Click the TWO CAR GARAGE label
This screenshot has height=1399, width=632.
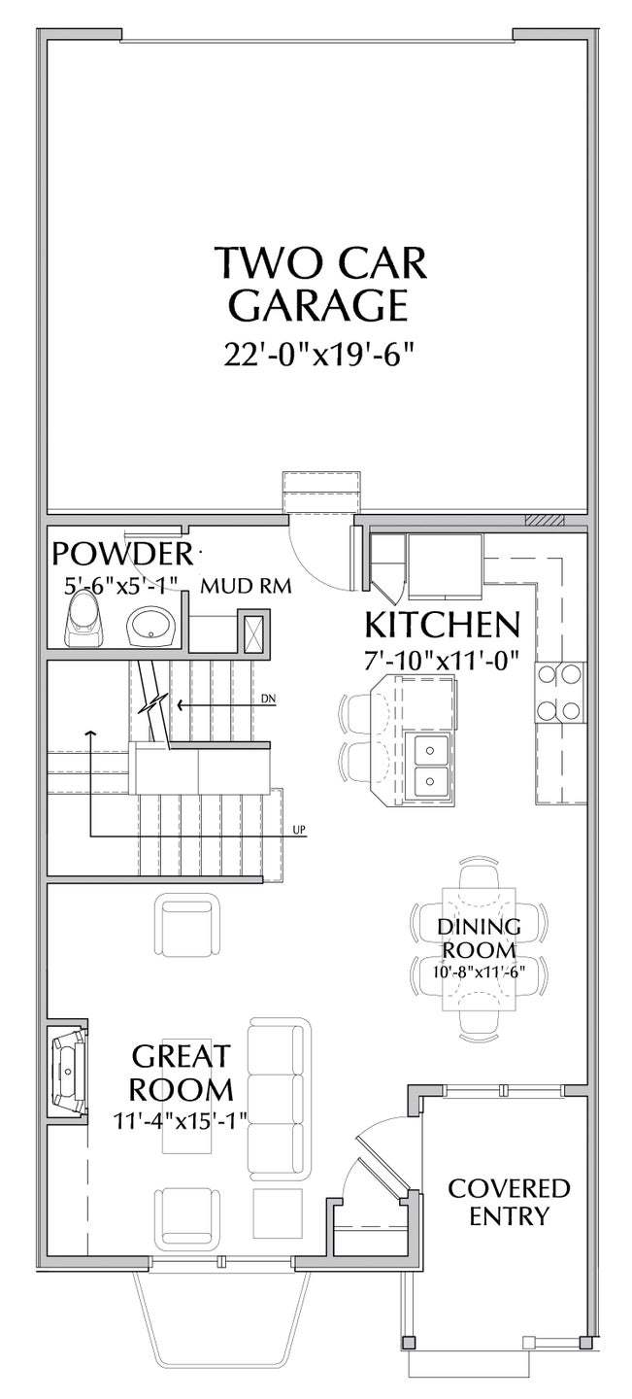tap(320, 284)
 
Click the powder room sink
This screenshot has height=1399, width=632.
tap(151, 626)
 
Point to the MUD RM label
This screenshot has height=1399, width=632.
tap(246, 586)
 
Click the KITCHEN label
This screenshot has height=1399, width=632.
tap(442, 625)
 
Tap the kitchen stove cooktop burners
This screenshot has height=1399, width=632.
tap(559, 692)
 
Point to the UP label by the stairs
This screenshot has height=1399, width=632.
tap(299, 830)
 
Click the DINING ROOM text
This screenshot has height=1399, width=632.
tap(479, 938)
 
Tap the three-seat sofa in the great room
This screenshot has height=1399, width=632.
tap(279, 1097)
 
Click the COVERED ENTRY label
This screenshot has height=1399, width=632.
tap(509, 1203)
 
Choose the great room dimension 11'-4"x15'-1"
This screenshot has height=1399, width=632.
tap(181, 1119)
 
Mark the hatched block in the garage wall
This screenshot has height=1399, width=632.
tap(544, 521)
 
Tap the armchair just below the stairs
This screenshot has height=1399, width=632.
tap(187, 924)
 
